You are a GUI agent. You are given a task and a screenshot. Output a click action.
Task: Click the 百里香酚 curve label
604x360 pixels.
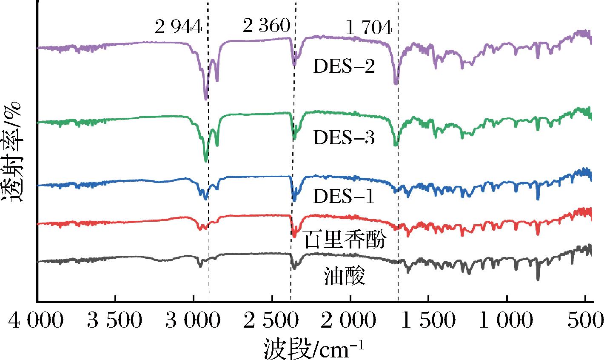tap(345, 241)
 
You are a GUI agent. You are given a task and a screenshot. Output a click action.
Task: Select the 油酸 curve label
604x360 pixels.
tap(345, 277)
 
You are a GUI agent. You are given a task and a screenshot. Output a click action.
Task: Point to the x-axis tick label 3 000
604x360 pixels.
tap(194, 319)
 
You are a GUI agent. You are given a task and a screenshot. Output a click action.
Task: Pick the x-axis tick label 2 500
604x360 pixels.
tap(272, 319)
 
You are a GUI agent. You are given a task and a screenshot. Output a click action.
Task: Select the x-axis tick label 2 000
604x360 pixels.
tap(350, 319)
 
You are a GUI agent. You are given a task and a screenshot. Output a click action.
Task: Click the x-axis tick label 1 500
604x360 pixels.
tap(428, 319)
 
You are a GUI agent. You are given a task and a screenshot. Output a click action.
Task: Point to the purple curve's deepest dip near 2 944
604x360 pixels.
tap(206, 99)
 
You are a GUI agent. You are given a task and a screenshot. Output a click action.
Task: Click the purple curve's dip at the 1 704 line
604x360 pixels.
tap(396, 83)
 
